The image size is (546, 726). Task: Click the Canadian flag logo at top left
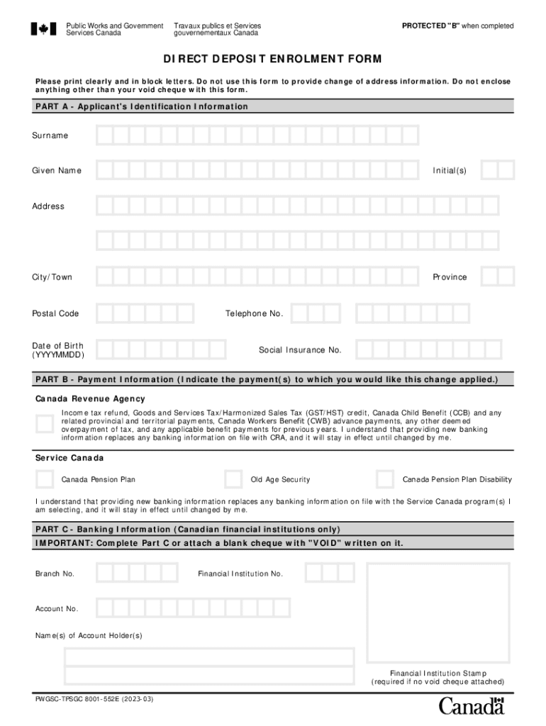click(43, 29)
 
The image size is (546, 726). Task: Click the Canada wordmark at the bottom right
click(471, 706)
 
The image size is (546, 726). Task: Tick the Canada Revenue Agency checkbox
click(44, 424)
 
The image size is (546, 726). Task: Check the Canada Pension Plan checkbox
click(44, 479)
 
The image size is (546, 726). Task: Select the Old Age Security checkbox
click(233, 479)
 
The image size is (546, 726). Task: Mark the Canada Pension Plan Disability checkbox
click(384, 479)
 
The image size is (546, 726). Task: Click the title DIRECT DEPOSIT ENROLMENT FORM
click(273, 59)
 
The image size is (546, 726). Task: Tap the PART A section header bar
click(273, 106)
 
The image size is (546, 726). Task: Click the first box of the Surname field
click(104, 135)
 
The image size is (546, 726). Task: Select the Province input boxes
click(497, 277)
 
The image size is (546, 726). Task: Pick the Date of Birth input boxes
click(161, 349)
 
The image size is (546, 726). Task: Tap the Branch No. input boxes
click(137, 573)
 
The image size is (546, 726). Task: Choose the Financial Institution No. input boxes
click(323, 573)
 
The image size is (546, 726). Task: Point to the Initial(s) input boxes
click(497, 170)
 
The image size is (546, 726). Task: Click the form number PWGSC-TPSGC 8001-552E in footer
click(94, 700)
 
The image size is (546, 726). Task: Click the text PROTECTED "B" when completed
click(457, 26)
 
